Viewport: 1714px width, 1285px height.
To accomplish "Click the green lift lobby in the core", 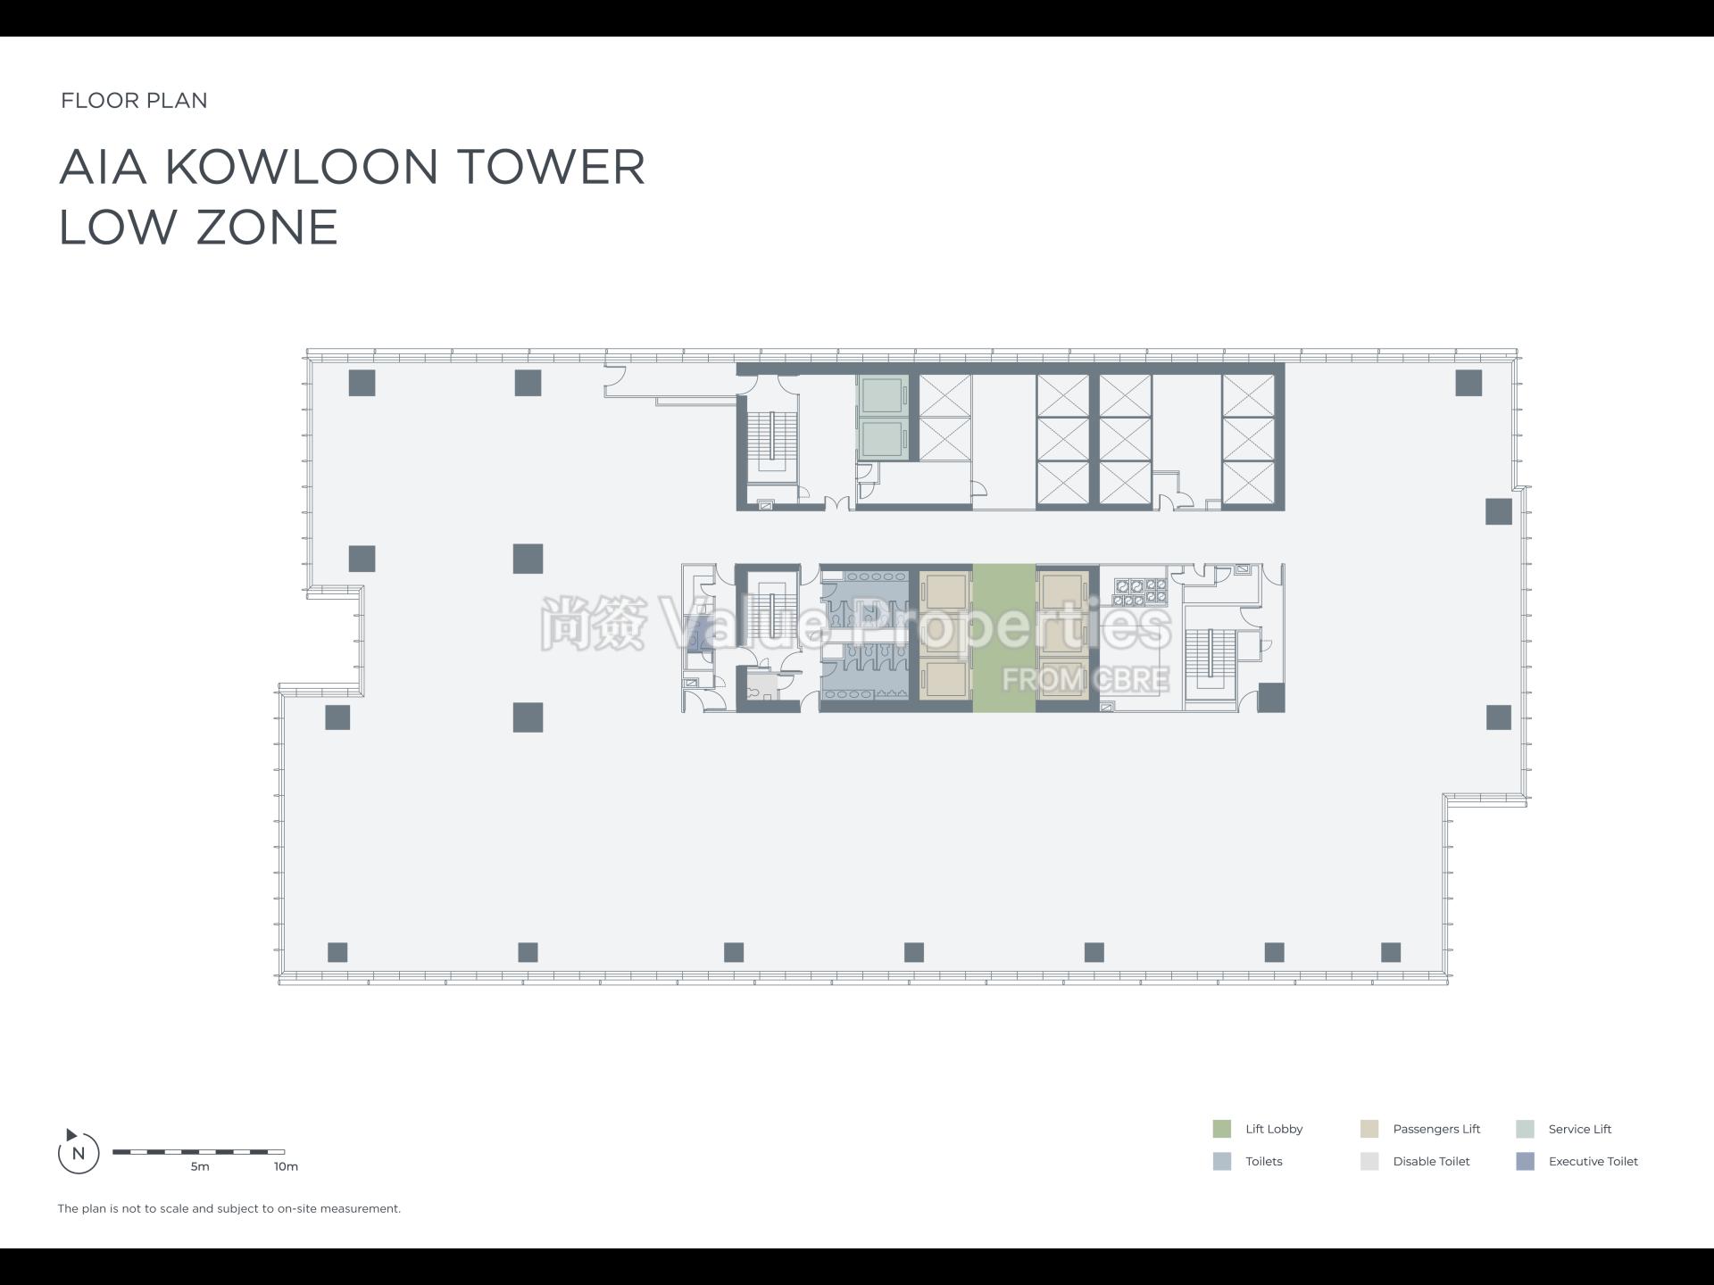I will point(1003,637).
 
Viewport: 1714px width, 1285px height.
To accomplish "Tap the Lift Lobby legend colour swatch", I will point(1221,1129).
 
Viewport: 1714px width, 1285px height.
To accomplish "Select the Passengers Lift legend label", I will point(1435,1129).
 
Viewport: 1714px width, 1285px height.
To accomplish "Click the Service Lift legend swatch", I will point(1525,1129).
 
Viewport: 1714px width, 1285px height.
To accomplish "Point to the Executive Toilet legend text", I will point(1593,1161).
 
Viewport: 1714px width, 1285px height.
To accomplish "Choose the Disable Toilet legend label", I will point(1431,1161).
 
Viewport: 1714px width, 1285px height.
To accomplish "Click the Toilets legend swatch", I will point(1221,1161).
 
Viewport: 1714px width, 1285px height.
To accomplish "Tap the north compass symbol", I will point(78,1152).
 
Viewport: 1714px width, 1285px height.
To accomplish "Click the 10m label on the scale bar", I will point(286,1166).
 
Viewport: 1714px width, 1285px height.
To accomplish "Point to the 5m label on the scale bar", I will point(200,1166).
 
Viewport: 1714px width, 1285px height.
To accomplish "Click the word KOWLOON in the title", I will point(302,167).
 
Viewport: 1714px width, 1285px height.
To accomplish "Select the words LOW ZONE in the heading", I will point(198,227).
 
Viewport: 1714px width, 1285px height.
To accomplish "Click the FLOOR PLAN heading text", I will point(134,100).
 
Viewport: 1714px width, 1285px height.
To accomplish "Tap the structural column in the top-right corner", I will point(1469,383).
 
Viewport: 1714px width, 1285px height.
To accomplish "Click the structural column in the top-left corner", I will point(362,383).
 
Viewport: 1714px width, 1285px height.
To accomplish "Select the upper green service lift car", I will point(882,395).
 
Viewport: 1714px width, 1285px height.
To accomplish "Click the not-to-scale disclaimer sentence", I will point(229,1208).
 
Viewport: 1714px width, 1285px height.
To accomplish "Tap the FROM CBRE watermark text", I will point(1085,679).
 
